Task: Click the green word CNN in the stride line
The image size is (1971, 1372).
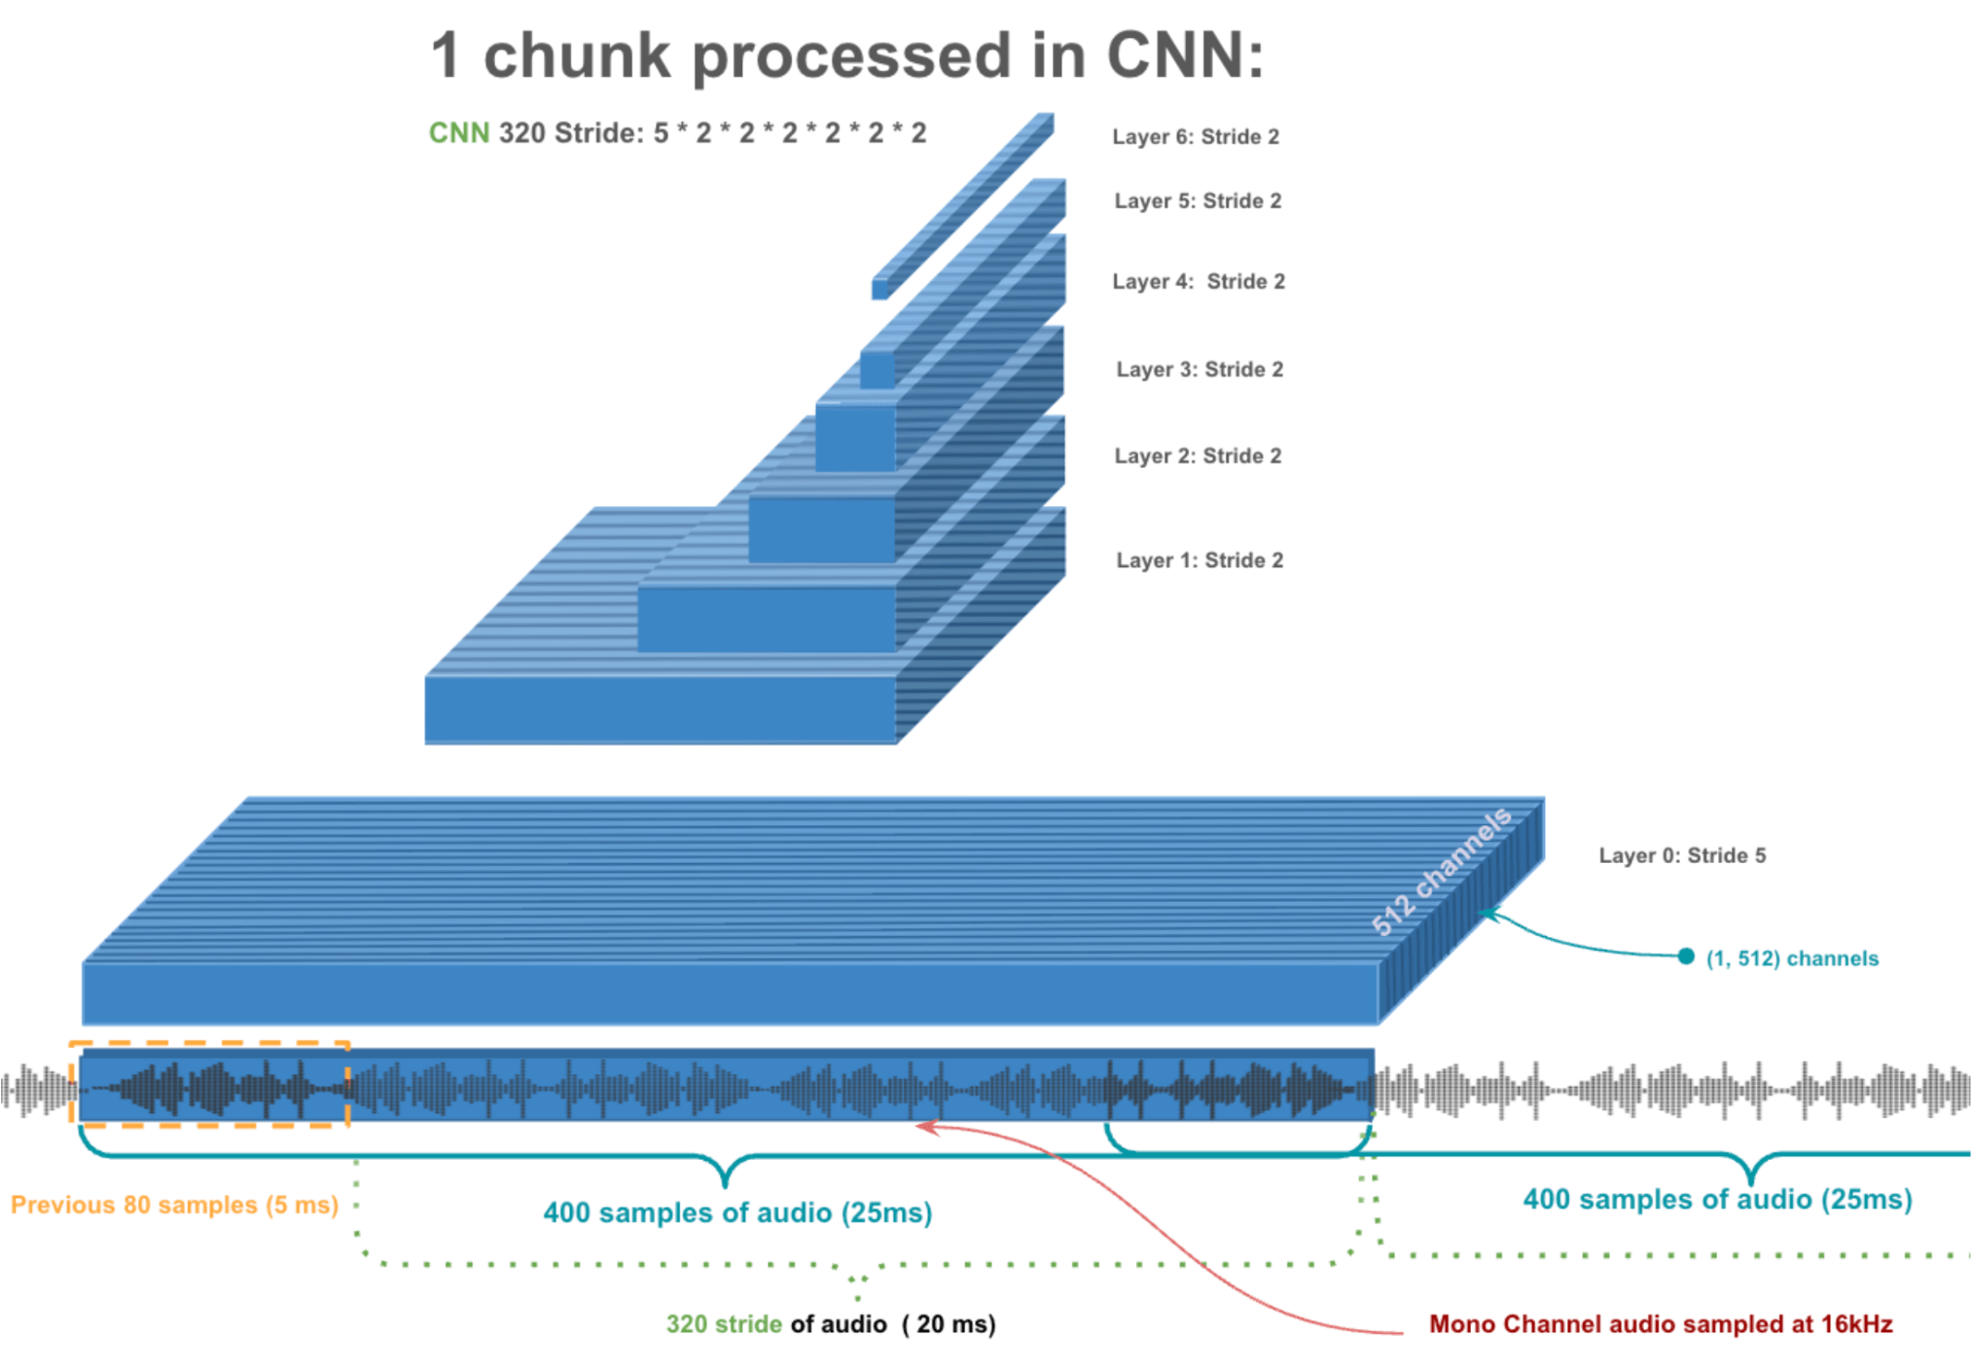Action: point(458,133)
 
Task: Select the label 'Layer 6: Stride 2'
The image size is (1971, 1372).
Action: point(1195,137)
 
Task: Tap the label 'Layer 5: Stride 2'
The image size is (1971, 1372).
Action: point(1197,201)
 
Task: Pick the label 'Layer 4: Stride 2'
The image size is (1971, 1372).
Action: point(1198,282)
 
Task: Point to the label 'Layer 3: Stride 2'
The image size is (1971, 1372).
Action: point(1199,370)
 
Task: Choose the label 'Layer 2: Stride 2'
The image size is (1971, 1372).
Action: point(1197,456)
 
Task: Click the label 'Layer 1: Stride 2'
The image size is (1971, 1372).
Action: point(1199,560)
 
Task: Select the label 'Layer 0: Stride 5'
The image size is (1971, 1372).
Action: point(1681,856)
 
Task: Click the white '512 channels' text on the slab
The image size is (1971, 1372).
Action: point(1441,871)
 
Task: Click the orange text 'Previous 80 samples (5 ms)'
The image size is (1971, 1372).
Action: point(174,1206)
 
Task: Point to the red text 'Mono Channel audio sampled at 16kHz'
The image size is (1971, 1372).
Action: point(1660,1325)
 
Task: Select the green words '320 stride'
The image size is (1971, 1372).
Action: point(724,1325)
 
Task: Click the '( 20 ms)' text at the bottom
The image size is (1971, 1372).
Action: point(949,1325)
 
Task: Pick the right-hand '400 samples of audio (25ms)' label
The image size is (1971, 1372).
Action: point(1717,1200)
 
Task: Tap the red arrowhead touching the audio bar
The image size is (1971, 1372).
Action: point(925,1127)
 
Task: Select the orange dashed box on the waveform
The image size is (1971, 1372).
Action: point(209,1045)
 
